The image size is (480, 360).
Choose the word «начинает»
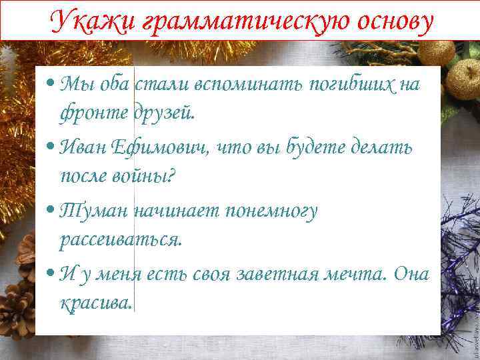[175, 211]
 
